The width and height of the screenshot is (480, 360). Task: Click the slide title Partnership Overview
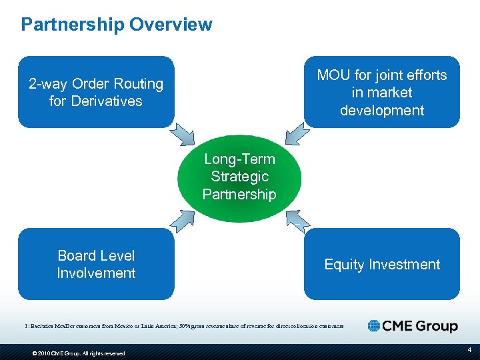coord(117,25)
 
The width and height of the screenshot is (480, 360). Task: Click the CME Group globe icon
coord(374,326)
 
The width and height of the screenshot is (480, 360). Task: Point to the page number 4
coord(469,349)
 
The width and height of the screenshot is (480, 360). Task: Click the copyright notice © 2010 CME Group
coord(78,353)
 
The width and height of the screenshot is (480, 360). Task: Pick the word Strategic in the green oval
coord(239,177)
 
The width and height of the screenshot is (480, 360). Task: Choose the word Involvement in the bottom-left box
coord(96,273)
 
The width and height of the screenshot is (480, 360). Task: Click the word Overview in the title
coord(171,25)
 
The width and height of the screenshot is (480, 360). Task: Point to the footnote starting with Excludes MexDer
coord(184,326)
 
